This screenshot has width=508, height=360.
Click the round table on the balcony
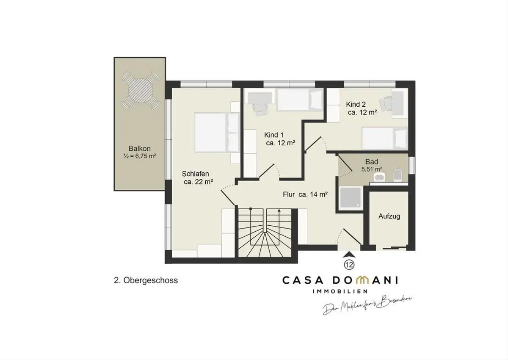coord(140,91)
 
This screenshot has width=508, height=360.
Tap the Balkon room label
coord(139,149)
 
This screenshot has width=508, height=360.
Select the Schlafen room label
coord(195,174)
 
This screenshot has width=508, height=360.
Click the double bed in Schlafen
coord(217,133)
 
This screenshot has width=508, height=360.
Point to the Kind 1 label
coord(274,135)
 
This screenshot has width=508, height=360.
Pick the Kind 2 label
coord(356,104)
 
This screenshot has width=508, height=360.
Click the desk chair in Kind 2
coord(386,103)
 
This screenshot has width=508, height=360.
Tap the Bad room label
coord(372,162)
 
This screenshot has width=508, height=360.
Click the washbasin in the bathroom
coord(380,177)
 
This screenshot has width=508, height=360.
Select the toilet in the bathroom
coord(398,175)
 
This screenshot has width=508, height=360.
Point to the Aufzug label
coord(389,216)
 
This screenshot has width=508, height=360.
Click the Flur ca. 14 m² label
coord(305,194)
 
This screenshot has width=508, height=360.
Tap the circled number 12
coord(349,264)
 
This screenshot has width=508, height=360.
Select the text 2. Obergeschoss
coord(146,281)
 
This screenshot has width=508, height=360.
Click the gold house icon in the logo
coord(363,280)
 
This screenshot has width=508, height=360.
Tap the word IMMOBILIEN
coord(340,291)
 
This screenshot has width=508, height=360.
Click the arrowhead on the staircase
coord(279,210)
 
